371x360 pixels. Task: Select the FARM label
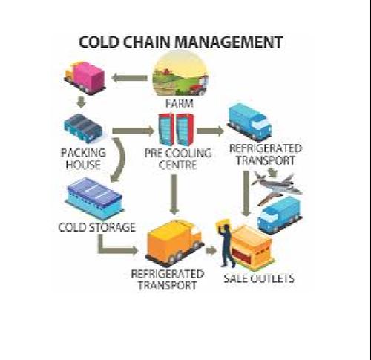click(x=179, y=103)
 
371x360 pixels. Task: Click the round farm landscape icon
click(x=180, y=74)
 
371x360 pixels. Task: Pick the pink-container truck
click(x=85, y=76)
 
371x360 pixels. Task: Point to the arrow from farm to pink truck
click(x=129, y=78)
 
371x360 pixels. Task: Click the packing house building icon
click(x=83, y=128)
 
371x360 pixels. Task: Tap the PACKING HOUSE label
click(x=83, y=159)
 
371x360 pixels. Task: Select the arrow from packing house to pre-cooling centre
click(x=134, y=131)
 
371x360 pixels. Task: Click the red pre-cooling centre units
click(x=176, y=129)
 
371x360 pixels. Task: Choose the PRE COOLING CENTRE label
click(x=178, y=159)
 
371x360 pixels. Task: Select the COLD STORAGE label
click(x=96, y=227)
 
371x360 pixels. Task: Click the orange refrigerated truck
click(x=175, y=242)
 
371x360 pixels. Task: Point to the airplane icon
click(x=277, y=188)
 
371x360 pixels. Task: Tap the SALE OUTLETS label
click(x=259, y=278)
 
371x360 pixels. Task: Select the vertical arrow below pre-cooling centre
click(x=174, y=194)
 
